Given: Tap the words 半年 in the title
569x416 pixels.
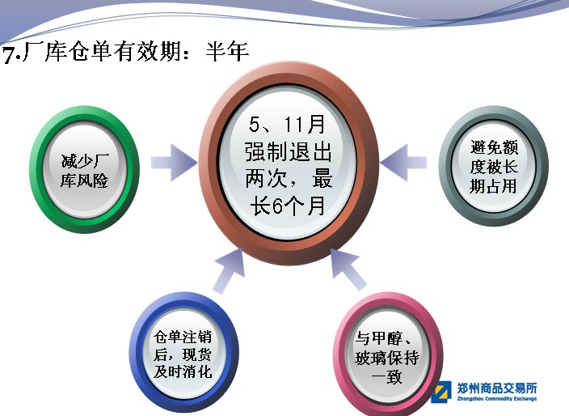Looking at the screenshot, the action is pos(227,51).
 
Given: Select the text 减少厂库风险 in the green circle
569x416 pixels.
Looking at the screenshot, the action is pos(85,171).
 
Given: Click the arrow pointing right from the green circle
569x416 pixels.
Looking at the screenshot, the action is pos(175,163).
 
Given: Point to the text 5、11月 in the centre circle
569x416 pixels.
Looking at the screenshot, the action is pos(287,125).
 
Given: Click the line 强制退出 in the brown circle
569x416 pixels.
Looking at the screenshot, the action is pos(289,152).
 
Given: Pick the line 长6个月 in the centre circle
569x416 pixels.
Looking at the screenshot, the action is pos(287,206).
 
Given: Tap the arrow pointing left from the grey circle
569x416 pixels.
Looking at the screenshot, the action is pos(403,163).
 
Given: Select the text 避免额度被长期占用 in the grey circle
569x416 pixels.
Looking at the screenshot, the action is pos(494,167).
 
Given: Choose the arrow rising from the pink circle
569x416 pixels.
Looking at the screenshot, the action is pos(348,270).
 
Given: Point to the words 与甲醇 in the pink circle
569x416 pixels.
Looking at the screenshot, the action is pos(378,338).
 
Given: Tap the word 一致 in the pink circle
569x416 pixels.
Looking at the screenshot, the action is pos(387,376).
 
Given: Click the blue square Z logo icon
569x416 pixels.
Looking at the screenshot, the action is pos(441,392).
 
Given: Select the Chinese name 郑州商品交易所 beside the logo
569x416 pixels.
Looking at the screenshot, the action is pos(497,388).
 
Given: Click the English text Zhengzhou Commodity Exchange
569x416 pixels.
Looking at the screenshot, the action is pos(497,399).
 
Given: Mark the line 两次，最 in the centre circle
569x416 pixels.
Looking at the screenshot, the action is pos(289,179).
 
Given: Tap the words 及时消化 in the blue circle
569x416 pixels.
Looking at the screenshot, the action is pos(182,371).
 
